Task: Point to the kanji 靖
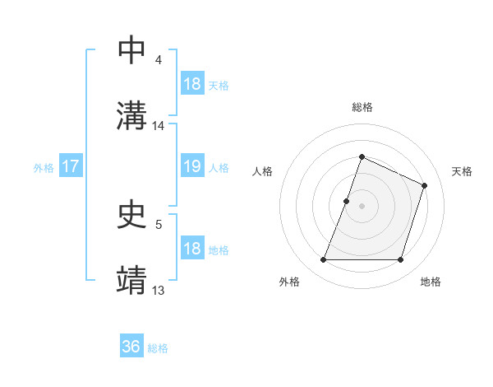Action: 131,279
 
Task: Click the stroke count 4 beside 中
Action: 158,60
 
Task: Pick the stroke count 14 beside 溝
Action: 159,126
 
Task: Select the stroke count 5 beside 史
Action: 158,224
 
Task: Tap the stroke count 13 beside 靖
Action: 159,290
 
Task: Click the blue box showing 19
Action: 191,166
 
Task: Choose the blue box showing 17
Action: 70,166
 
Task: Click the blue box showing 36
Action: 131,347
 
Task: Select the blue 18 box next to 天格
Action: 191,84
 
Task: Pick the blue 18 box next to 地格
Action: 191,249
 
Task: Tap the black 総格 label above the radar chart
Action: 362,107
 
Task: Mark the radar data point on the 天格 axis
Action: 425,185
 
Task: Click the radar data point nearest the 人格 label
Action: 347,201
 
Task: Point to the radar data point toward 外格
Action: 323,260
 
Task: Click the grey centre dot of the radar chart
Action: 362,206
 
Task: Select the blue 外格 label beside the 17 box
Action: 44,167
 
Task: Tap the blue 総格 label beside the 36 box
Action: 158,348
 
